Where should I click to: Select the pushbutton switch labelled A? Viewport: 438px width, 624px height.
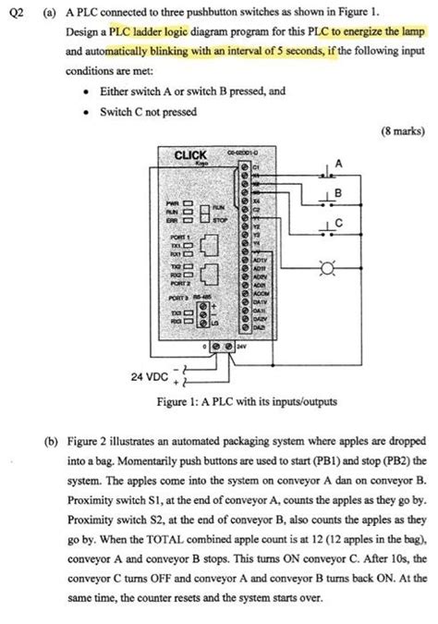(327, 172)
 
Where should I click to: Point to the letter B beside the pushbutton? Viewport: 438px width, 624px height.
(338, 193)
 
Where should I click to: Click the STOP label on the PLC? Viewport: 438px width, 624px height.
(219, 221)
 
